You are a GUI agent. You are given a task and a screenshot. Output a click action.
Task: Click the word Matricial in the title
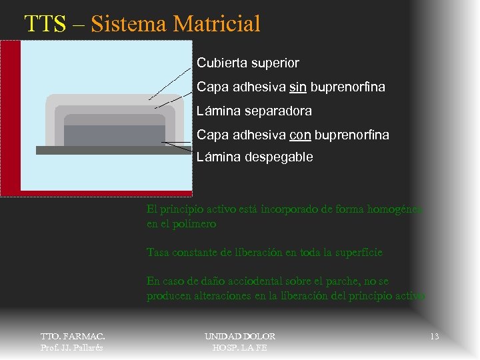point(216,24)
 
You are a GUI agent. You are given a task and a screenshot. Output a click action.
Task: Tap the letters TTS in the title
point(45,24)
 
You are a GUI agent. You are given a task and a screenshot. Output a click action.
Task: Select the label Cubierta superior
point(247,63)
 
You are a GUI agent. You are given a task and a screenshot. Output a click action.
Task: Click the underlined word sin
point(297,87)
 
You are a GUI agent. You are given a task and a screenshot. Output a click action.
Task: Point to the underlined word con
point(300,135)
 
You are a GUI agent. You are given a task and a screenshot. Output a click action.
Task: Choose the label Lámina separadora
point(254,111)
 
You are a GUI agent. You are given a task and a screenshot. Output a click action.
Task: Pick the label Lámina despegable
point(254,157)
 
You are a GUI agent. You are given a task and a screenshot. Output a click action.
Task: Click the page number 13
point(434,337)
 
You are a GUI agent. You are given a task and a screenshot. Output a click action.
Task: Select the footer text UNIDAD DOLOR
point(239,337)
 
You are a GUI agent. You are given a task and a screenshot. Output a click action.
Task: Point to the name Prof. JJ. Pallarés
point(72,347)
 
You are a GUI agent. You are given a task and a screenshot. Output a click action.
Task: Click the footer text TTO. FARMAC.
point(73,337)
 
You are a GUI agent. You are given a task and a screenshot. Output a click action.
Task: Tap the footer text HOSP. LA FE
point(239,347)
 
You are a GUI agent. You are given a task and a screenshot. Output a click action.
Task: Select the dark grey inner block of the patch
point(114,135)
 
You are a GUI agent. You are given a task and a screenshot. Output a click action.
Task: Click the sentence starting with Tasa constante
point(264,253)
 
